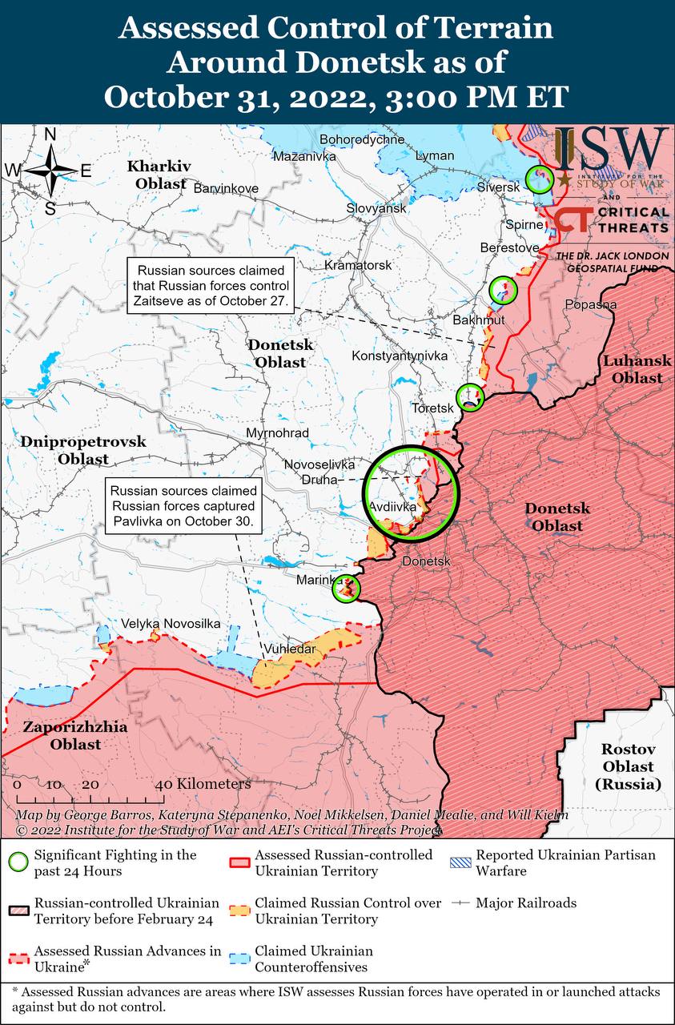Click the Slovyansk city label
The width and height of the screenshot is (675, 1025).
coord(376,208)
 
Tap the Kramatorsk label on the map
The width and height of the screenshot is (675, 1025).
coord(358,265)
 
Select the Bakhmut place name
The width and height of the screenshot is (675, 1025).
coord(479,320)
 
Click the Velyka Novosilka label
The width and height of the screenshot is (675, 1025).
coord(171,623)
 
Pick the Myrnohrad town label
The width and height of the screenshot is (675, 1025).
coord(277,433)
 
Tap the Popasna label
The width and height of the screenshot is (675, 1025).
coord(590,304)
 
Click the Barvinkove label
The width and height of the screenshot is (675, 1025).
coord(227,188)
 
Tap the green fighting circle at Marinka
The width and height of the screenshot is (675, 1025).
coord(347,589)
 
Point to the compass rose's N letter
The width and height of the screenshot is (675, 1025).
coord(50,135)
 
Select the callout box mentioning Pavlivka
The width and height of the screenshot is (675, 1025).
coord(183,505)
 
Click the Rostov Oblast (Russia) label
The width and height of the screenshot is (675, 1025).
coord(629,766)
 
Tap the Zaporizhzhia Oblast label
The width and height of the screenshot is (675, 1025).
coord(62,736)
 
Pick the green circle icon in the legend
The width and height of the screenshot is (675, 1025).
coord(18,862)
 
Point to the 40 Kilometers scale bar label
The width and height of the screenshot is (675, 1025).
coord(207,783)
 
